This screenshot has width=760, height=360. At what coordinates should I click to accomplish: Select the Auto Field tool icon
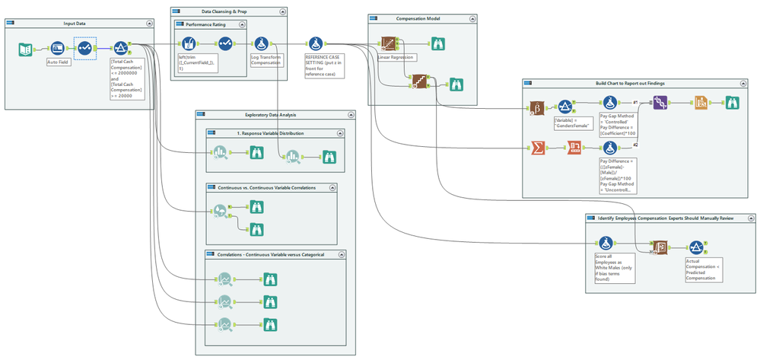(x=57, y=49)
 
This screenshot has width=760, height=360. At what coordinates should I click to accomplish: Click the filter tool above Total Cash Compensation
(x=120, y=49)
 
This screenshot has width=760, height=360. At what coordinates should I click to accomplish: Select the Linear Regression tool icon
(x=390, y=43)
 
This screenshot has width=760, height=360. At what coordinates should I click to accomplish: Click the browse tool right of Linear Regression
(x=438, y=43)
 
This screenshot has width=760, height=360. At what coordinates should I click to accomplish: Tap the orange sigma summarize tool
(x=538, y=148)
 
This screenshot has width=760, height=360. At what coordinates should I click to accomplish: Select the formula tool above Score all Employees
(x=606, y=244)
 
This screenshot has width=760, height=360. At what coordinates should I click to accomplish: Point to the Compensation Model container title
(x=418, y=18)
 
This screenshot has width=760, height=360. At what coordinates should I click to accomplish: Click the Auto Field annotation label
(x=59, y=63)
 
